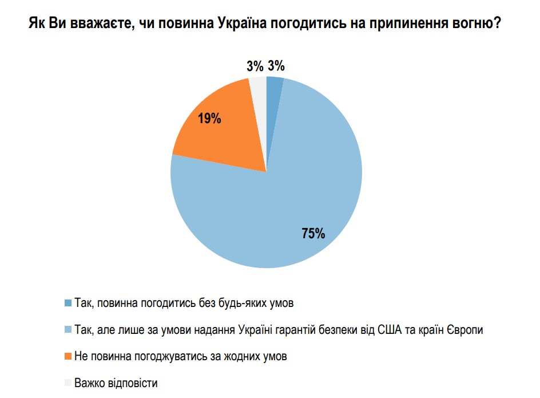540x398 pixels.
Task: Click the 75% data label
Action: coord(313,234)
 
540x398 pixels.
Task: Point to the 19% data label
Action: coord(209,119)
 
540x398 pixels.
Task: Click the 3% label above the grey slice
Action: coord(255,66)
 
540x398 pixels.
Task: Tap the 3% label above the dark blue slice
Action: coord(276,66)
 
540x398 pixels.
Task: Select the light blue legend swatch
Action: coord(69,329)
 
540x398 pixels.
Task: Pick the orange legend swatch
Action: coord(69,356)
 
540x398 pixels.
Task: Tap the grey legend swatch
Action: coord(69,383)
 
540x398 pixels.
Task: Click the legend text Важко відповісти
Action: coord(116,383)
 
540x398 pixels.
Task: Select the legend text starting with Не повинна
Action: coord(180,356)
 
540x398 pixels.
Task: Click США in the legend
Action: coord(398,329)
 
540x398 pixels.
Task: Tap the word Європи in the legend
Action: coord(463,329)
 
